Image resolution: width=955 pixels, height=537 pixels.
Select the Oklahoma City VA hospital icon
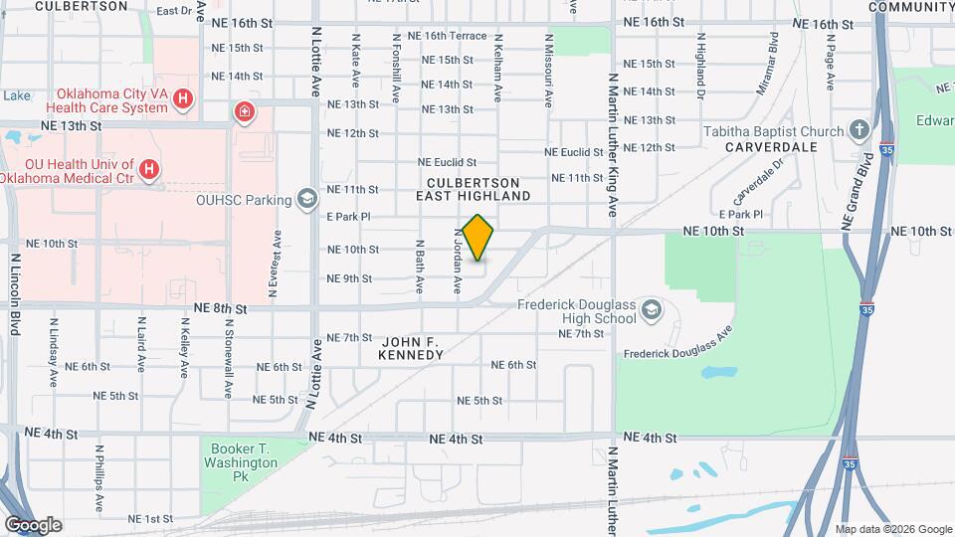tap(182, 98)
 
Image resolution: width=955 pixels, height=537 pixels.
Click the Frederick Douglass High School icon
tap(651, 311)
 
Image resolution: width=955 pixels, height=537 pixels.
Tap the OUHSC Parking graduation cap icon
tap(307, 199)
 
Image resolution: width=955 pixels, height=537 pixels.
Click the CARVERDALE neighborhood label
tap(771, 147)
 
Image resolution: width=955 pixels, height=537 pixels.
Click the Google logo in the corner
tap(33, 524)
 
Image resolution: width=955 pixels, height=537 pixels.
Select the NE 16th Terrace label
tap(454, 36)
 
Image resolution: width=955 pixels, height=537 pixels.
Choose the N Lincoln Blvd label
tap(16, 295)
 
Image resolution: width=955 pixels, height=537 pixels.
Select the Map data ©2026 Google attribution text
tap(892, 528)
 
